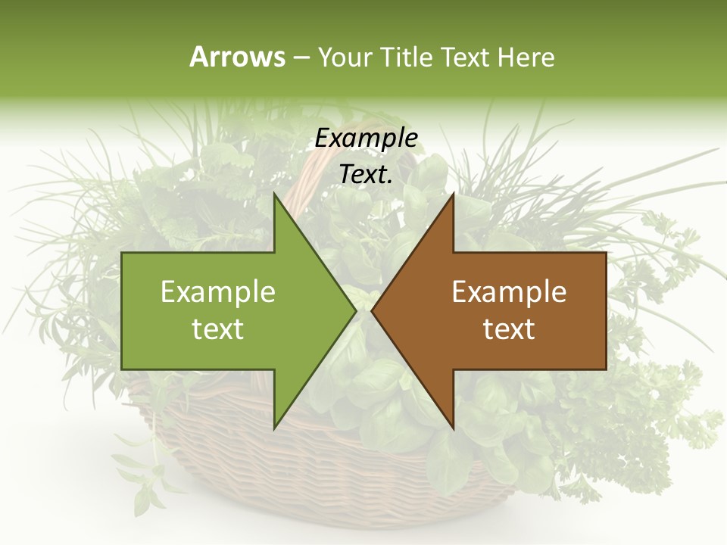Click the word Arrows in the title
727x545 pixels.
[237, 57]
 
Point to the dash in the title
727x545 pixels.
[300, 58]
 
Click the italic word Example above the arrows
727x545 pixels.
[367, 139]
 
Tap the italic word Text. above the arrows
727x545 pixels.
[367, 175]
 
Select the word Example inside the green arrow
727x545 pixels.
[218, 292]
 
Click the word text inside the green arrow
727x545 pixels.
[218, 329]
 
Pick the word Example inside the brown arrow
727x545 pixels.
[509, 292]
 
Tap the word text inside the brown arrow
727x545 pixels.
[509, 329]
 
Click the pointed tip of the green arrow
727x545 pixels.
[356, 310]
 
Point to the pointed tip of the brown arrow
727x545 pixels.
[372, 310]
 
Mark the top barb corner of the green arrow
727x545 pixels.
[274, 193]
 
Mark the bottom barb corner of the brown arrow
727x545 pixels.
[454, 429]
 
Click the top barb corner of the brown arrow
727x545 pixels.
[454, 193]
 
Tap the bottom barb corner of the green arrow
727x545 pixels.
[274, 429]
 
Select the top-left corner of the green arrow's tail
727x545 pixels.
[122, 253]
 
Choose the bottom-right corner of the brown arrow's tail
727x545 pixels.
[606, 369]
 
